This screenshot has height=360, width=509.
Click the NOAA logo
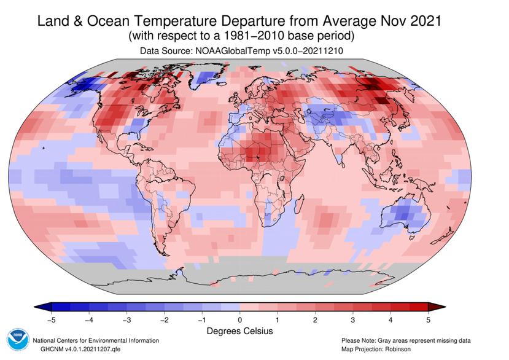pyautogui.click(x=18, y=340)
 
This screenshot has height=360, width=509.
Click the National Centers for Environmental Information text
pyautogui.click(x=96, y=340)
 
